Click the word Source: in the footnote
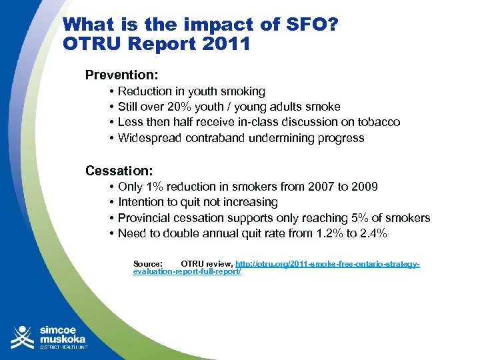coord(148,264)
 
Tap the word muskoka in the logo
coord(63,339)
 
